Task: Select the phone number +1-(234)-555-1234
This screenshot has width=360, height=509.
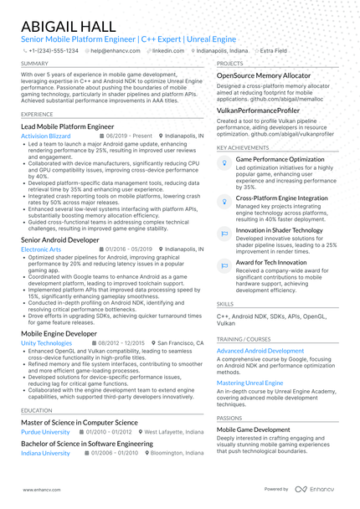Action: [x=52, y=50]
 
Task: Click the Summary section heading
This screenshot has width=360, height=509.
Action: [x=34, y=64]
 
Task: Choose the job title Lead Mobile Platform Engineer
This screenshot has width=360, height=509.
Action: [x=69, y=126]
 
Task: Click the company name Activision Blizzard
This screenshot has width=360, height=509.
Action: [x=47, y=135]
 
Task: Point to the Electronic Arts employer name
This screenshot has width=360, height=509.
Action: [x=41, y=249]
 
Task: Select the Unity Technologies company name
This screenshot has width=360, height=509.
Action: [x=47, y=343]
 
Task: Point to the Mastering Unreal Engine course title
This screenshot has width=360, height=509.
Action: [x=249, y=383]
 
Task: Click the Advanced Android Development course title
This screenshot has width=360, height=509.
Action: [x=260, y=351]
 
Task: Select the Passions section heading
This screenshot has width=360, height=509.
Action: [x=229, y=418]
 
